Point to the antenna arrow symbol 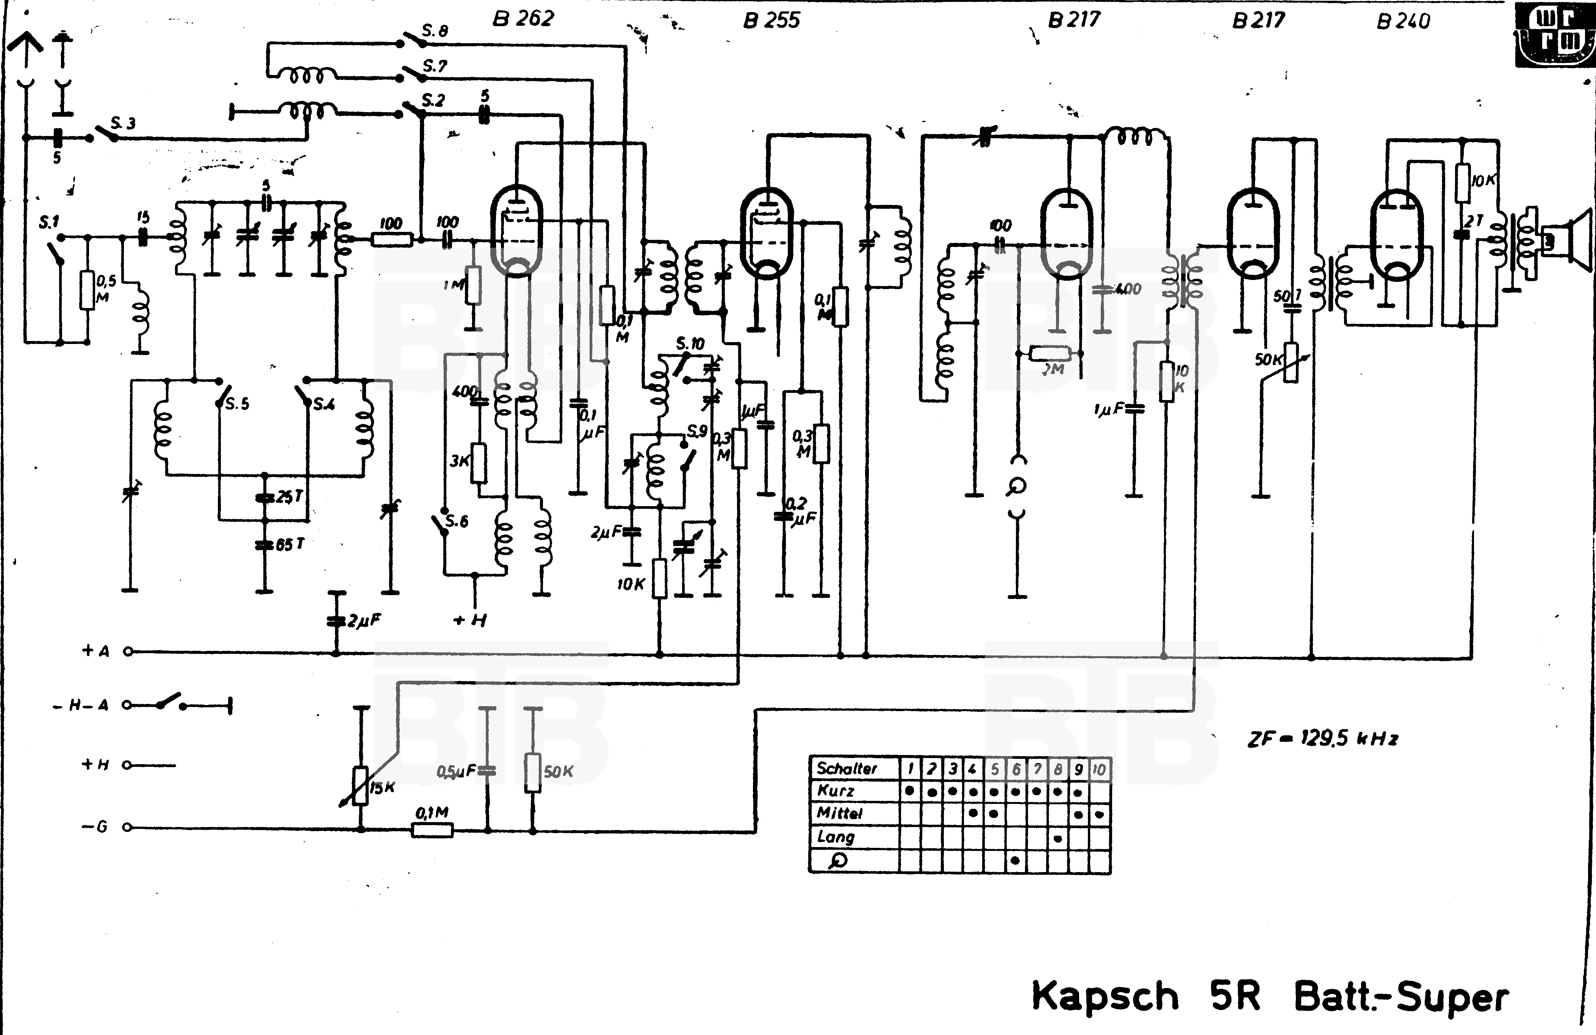pyautogui.click(x=25, y=47)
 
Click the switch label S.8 pyautogui.click(x=435, y=31)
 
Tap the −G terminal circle pyautogui.click(x=127, y=827)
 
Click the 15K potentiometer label pyautogui.click(x=382, y=788)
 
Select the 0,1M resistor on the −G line pyautogui.click(x=432, y=830)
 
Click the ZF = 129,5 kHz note pyautogui.click(x=1322, y=739)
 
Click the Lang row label pyautogui.click(x=836, y=836)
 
